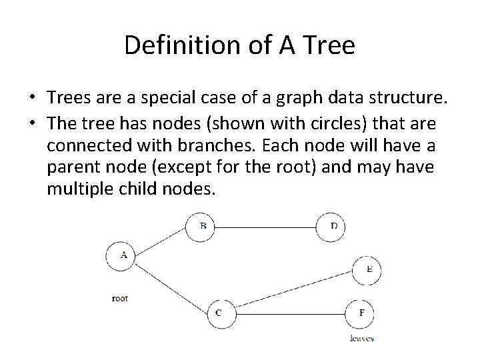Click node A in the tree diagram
coord(121,255)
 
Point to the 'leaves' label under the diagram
coord(362,338)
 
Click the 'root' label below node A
coord(120,298)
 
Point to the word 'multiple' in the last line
coord(77,189)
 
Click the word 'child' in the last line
coord(137,189)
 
